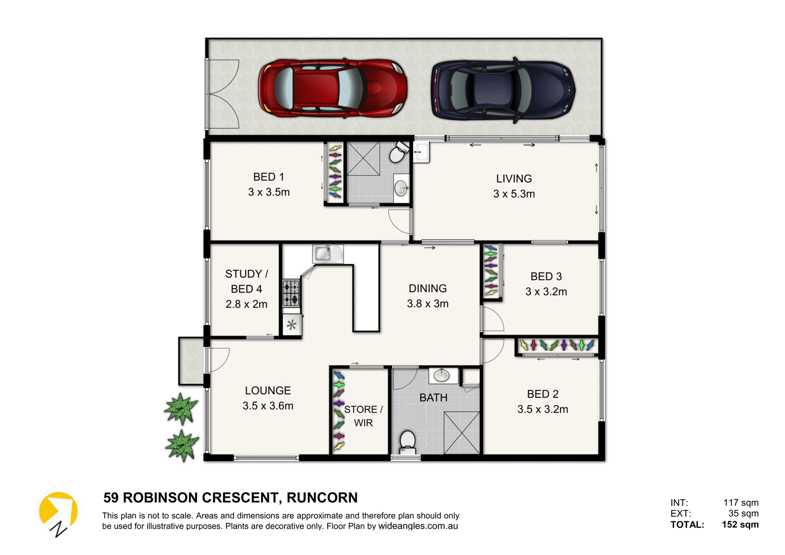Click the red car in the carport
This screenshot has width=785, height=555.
click(332, 88)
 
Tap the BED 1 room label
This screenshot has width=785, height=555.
click(269, 177)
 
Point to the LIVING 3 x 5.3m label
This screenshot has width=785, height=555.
click(514, 186)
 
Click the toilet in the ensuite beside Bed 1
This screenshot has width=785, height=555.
click(398, 152)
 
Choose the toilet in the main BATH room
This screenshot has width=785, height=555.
click(407, 442)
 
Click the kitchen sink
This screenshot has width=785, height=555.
click(328, 254)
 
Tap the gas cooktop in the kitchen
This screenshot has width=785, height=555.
click(291, 293)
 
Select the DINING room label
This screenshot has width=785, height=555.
click(428, 289)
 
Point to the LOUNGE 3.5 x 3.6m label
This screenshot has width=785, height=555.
click(268, 398)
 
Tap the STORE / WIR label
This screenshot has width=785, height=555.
click(363, 416)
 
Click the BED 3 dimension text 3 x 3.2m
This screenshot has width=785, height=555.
click(546, 292)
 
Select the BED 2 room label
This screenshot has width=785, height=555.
click(543, 394)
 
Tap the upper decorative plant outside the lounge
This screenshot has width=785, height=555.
click(181, 409)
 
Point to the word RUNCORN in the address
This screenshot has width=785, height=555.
click(322, 498)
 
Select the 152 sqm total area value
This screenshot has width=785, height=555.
click(740, 525)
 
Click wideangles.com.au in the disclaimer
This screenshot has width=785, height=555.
click(418, 526)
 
